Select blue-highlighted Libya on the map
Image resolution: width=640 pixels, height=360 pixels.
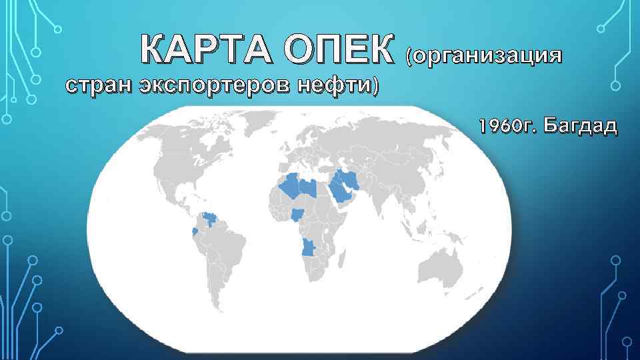pos(308,186)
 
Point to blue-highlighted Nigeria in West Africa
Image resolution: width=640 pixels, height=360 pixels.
pos(297,215)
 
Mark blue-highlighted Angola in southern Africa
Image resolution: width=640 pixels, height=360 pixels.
pos(309,248)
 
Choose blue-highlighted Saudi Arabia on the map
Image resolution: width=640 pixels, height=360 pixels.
pos(341,191)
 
